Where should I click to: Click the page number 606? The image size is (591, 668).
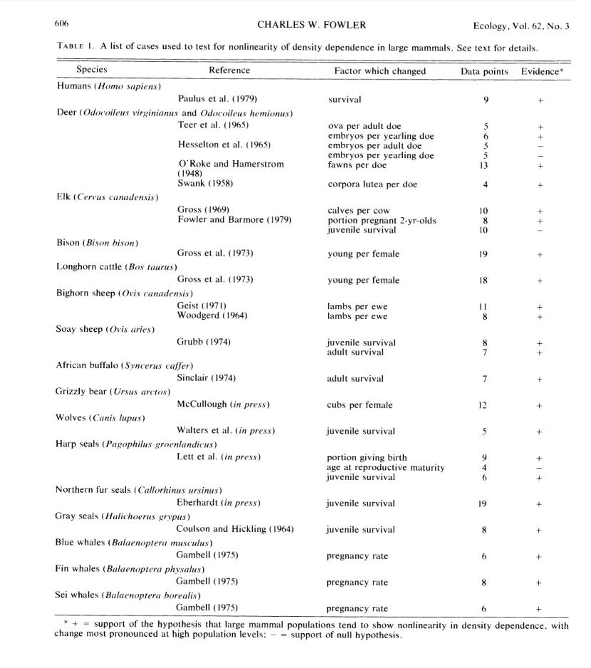pyautogui.click(x=61, y=24)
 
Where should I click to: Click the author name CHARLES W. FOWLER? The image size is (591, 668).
pyautogui.click(x=311, y=25)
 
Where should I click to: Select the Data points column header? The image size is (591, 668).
pyautogui.click(x=484, y=71)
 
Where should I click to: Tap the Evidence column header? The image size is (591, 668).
pyautogui.click(x=543, y=71)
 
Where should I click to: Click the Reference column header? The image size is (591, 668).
pyautogui.click(x=229, y=71)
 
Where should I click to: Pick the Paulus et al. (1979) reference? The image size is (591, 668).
pyautogui.click(x=217, y=99)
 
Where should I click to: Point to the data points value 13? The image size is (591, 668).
pyautogui.click(x=484, y=165)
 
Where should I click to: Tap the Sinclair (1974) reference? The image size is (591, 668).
pyautogui.click(x=206, y=378)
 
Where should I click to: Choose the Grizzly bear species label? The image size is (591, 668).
pyautogui.click(x=113, y=392)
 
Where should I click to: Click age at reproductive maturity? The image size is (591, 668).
pyautogui.click(x=385, y=467)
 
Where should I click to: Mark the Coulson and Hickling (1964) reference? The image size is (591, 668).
pyautogui.click(x=235, y=529)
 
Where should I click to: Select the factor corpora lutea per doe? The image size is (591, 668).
pyautogui.click(x=372, y=184)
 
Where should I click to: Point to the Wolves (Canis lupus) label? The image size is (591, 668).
pyautogui.click(x=100, y=418)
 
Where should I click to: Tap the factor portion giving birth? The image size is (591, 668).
pyautogui.click(x=367, y=457)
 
